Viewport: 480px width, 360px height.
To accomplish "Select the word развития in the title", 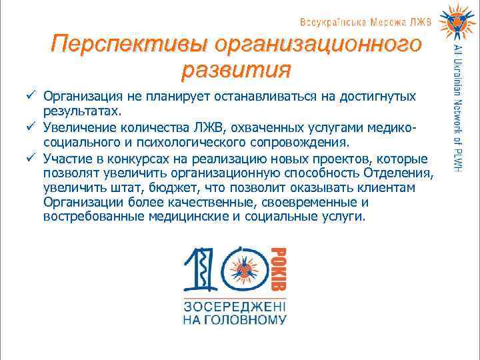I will tap(235, 69).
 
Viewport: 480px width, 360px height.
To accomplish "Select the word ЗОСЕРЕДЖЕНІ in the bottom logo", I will tap(235, 307).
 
